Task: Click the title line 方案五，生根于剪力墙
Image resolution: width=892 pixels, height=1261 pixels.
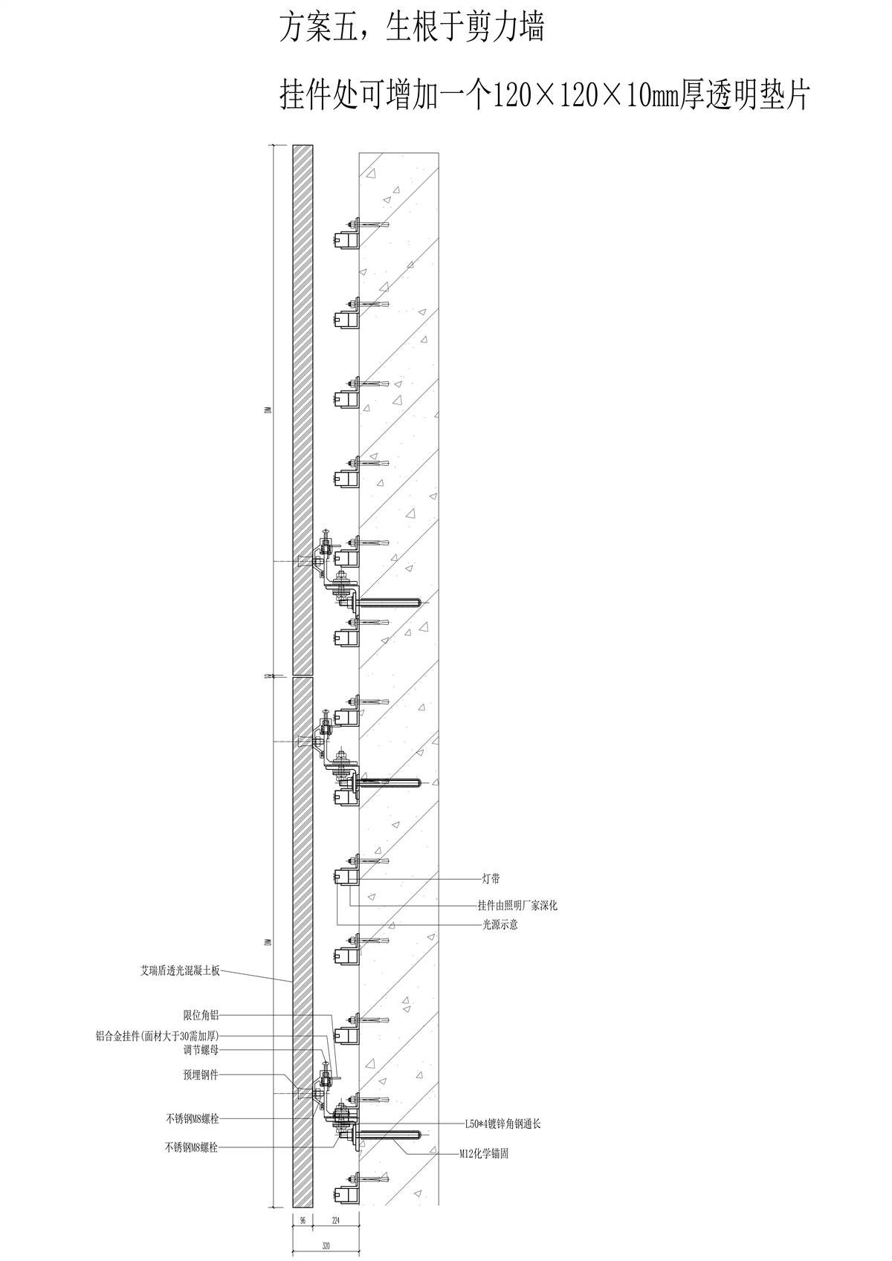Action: [x=411, y=30]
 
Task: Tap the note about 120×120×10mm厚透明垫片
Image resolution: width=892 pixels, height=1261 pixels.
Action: [x=543, y=96]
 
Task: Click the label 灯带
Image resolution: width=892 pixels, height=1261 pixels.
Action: [x=491, y=880]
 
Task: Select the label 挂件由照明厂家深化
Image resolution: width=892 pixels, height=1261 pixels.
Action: [x=517, y=906]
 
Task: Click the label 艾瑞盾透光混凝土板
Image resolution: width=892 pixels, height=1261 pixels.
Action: [x=180, y=970]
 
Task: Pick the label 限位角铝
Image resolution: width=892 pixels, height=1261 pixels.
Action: [x=201, y=1015]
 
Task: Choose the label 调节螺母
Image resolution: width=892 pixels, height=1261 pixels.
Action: [x=201, y=1051]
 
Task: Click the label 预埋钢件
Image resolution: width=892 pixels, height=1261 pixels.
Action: [x=201, y=1074]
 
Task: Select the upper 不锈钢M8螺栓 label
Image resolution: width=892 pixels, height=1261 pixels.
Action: [x=192, y=1119]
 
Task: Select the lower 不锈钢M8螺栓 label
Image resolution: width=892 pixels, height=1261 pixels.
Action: [x=192, y=1147]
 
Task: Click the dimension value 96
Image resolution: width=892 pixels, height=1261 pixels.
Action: [x=303, y=1220]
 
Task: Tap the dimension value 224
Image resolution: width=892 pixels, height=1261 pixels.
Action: [x=336, y=1220]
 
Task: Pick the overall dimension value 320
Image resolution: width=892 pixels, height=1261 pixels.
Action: [x=326, y=1245]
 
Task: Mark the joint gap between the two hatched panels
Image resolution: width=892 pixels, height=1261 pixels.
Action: [x=303, y=675]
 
